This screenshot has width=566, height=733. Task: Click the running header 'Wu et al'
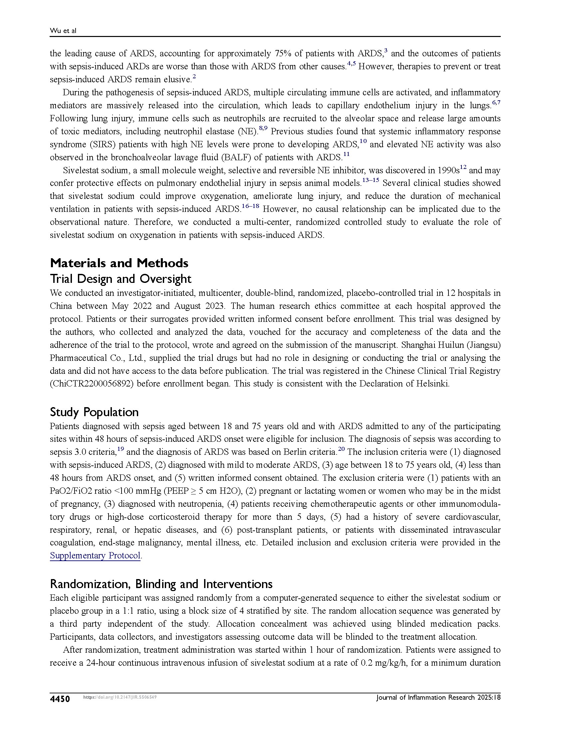click(63, 31)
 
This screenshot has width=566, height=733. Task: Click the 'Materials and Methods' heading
click(119, 263)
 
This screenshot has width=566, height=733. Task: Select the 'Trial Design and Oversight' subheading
click(121, 279)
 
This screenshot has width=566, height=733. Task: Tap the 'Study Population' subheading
click(94, 412)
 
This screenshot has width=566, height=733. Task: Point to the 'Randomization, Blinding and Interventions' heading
click(161, 584)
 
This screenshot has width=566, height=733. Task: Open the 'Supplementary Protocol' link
click(95, 555)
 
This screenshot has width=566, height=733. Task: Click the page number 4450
click(60, 699)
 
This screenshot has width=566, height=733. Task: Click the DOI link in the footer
click(120, 697)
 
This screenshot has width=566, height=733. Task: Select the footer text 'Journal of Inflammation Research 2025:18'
click(438, 697)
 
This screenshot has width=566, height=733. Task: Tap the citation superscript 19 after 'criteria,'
click(121, 449)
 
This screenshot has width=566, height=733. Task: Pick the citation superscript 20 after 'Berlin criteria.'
click(341, 449)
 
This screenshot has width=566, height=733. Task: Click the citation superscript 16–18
click(250, 206)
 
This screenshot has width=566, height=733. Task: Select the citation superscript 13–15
click(371, 180)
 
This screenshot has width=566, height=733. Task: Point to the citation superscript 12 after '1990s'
click(463, 167)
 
